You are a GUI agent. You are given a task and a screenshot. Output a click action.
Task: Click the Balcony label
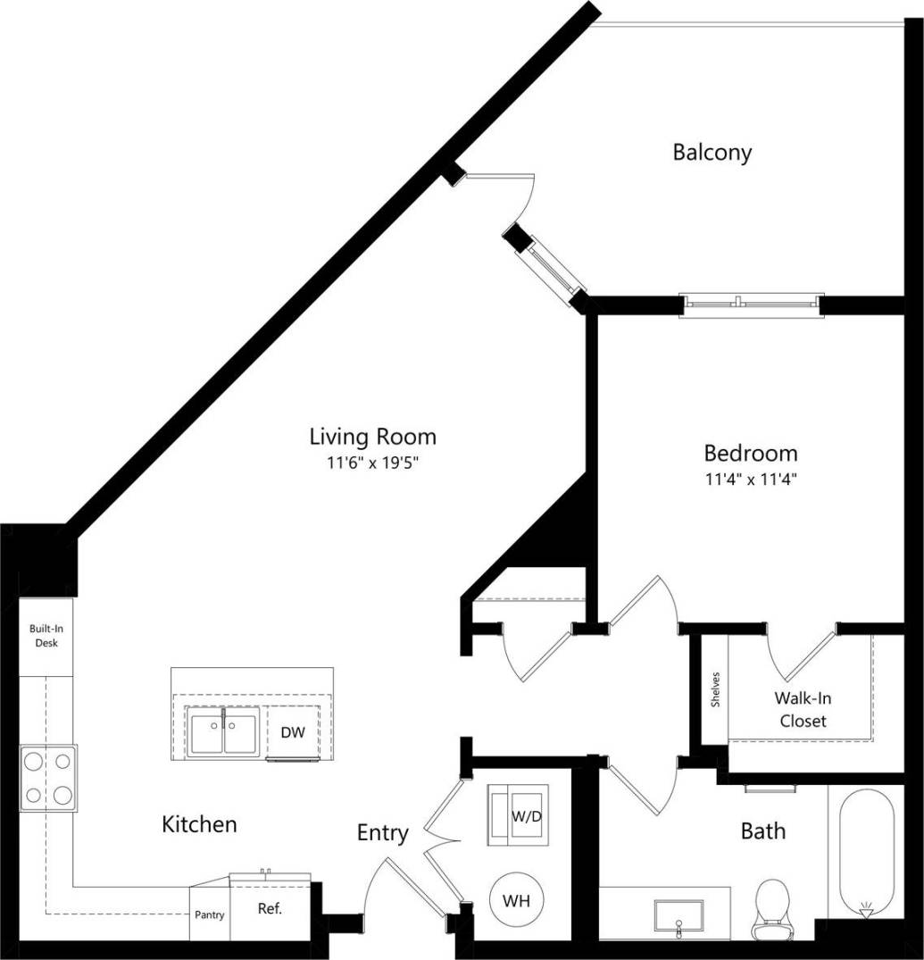coord(712,152)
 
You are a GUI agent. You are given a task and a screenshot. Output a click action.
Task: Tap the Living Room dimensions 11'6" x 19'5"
coord(373,463)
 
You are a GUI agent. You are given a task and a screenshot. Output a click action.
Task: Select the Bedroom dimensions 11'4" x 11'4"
coord(750,480)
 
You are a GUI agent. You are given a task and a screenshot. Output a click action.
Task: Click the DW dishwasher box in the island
coord(294,733)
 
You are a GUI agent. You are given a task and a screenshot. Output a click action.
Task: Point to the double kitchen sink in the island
coord(223,732)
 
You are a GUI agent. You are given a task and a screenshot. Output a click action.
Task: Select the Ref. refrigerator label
coord(270,910)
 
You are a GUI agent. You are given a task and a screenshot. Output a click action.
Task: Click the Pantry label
coord(210,914)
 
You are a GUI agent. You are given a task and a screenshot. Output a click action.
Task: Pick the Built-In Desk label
coord(46,636)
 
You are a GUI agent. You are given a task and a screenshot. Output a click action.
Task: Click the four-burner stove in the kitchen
coord(49,777)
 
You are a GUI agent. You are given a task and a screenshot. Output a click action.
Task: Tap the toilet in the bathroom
coord(771,906)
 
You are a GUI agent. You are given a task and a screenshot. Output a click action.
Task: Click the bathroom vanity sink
coord(678,915)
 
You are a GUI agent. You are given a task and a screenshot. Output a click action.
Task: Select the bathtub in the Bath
coord(865,848)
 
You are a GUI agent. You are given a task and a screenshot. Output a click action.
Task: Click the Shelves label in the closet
coord(715,689)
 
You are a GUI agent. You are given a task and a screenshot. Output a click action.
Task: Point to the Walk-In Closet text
coord(803,709)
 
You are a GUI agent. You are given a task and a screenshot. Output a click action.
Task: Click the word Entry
coord(382,833)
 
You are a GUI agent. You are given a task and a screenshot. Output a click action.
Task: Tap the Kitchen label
coord(199,823)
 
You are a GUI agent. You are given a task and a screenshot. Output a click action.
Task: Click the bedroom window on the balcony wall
coord(751,305)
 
